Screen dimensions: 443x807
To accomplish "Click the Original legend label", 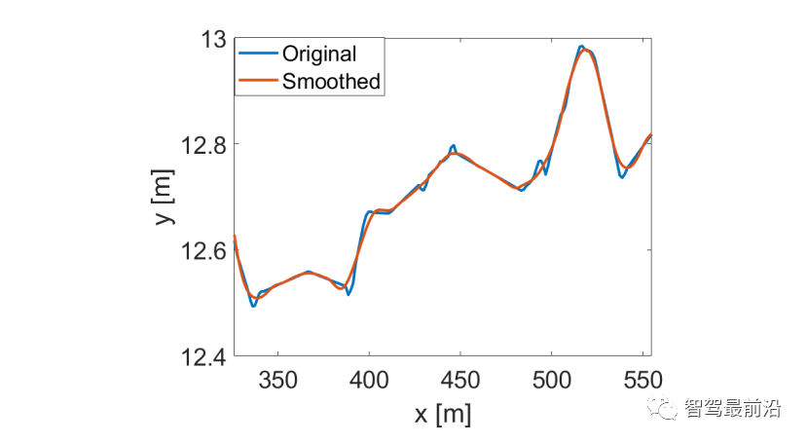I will click(x=319, y=55).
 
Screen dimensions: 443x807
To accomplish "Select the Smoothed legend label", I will click(x=331, y=82).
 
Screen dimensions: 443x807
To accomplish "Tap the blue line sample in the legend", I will click(x=258, y=55).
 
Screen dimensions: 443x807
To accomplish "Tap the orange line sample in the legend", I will click(x=258, y=82).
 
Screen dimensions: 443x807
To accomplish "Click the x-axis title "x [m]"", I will click(x=442, y=414).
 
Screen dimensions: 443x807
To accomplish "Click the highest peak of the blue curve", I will click(x=581, y=46).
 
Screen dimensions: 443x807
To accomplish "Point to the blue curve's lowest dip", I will click(x=253, y=306).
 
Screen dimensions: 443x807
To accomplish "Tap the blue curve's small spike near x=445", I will click(x=453, y=146).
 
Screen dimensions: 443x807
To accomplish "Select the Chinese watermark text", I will click(x=732, y=410).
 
